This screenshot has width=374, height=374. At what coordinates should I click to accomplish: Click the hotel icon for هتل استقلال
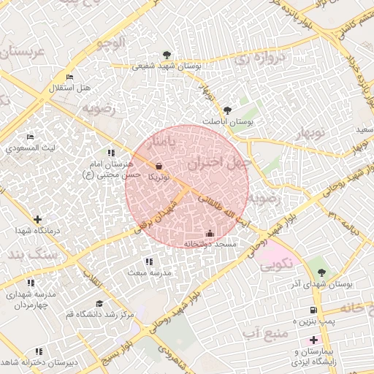[x=69, y=77]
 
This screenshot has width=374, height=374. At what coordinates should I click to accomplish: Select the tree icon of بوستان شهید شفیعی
[x=167, y=55]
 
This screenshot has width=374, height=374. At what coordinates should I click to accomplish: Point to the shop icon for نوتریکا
[x=159, y=167]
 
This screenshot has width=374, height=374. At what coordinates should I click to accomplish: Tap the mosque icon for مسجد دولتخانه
[x=210, y=233]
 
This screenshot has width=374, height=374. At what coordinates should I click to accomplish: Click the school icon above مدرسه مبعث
[x=149, y=262]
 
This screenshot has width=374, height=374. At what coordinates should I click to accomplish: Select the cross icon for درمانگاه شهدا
[x=37, y=219]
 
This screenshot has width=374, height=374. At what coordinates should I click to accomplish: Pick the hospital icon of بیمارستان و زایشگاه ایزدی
[x=313, y=340]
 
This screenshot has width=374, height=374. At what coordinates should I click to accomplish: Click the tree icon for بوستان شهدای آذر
[x=321, y=272]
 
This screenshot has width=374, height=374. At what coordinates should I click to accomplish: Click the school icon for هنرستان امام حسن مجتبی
[x=111, y=153]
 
